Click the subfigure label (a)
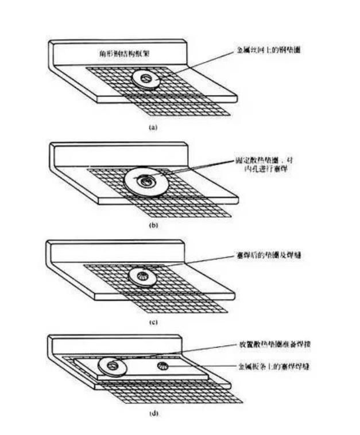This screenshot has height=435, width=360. tap(153, 127)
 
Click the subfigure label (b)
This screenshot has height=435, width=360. tap(153, 226)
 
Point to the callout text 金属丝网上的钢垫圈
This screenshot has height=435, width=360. tap(269, 51)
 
